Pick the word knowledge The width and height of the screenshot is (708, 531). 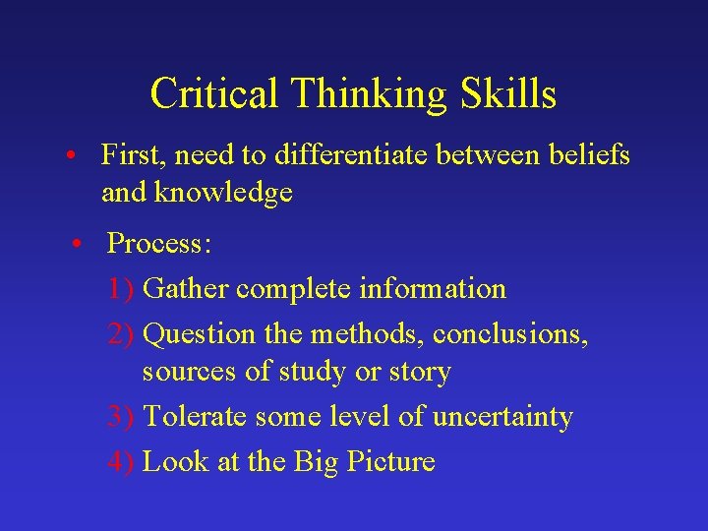pyautogui.click(x=223, y=193)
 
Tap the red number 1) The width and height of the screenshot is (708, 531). pyautogui.click(x=122, y=289)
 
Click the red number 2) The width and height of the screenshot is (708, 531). pyautogui.click(x=122, y=334)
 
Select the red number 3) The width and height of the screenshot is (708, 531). pyautogui.click(x=122, y=417)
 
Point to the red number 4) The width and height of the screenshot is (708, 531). pyautogui.click(x=122, y=461)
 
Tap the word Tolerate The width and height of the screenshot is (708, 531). pyautogui.click(x=196, y=417)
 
